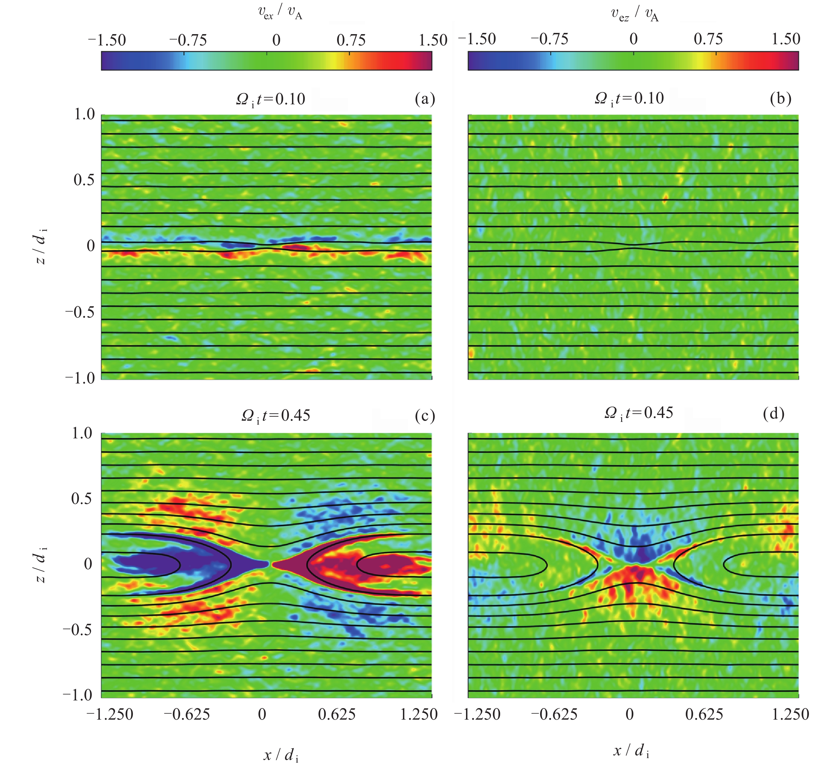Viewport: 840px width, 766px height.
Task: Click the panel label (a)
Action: point(425,99)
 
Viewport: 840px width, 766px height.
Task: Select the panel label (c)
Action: point(425,416)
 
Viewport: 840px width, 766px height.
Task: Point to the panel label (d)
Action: point(773,413)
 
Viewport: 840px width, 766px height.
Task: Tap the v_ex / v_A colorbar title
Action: point(280,13)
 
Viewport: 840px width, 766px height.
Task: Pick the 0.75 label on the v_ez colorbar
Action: point(708,39)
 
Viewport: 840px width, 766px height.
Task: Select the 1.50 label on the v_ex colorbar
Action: point(433,41)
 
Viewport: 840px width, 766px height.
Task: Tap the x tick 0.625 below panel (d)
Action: point(704,714)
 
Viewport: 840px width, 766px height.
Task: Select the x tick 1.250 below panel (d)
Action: point(790,714)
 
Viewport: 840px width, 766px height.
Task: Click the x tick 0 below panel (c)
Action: point(262,714)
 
